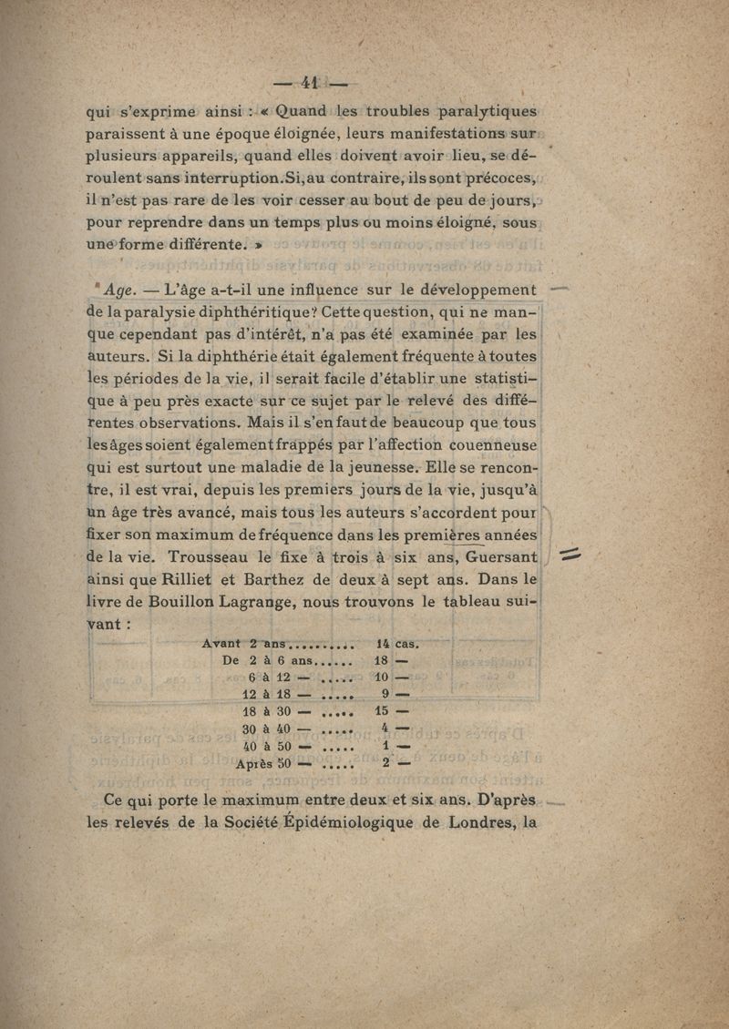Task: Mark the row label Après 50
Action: tap(262, 764)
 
